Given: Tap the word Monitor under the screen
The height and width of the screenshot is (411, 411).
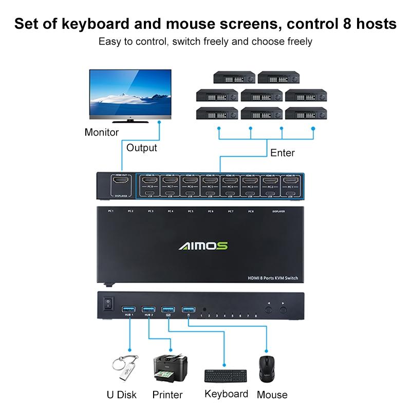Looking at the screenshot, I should point(102,133).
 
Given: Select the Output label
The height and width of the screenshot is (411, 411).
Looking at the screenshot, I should point(142,148).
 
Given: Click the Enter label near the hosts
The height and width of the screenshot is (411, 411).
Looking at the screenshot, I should point(283,153).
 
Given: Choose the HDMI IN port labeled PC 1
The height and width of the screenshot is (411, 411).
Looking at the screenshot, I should point(291,181).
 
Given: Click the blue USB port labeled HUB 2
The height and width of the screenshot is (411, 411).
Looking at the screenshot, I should point(149,309).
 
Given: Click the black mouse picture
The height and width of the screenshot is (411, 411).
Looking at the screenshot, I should point(267,369).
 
